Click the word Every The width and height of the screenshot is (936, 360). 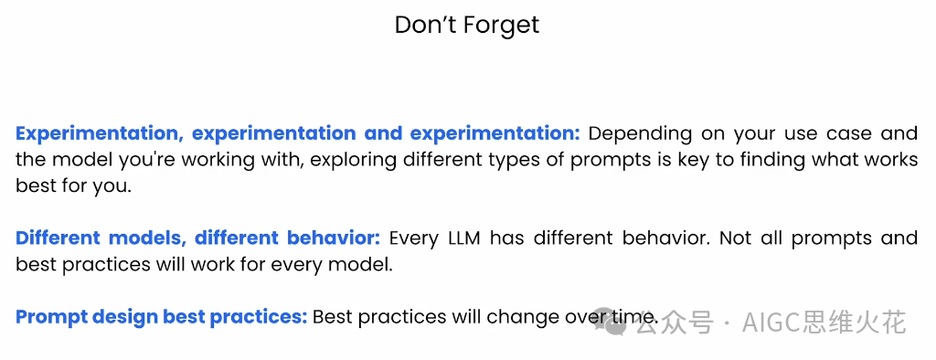click(414, 239)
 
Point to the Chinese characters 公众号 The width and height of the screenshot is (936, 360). click(675, 323)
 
